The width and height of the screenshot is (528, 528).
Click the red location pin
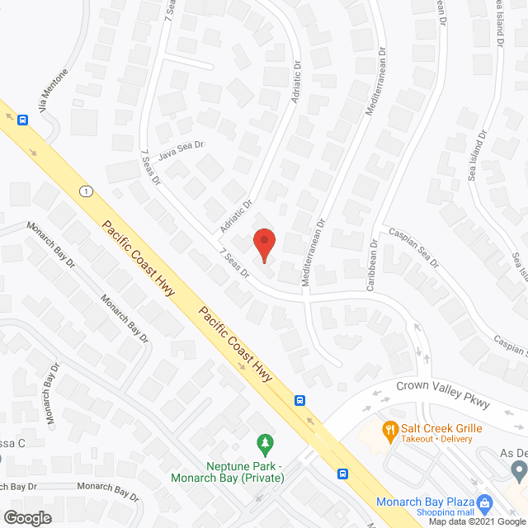tap(264, 244)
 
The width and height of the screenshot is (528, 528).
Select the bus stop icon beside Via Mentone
tap(23, 120)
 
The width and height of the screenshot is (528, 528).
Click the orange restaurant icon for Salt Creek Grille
tap(389, 428)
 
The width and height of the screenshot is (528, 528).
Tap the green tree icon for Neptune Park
tap(264, 445)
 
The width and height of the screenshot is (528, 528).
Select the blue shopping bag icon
tap(485, 502)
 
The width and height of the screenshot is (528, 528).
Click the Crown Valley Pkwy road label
tap(442, 394)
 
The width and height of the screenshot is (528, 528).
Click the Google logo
tap(27, 517)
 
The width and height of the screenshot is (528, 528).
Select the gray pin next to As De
tap(519, 472)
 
